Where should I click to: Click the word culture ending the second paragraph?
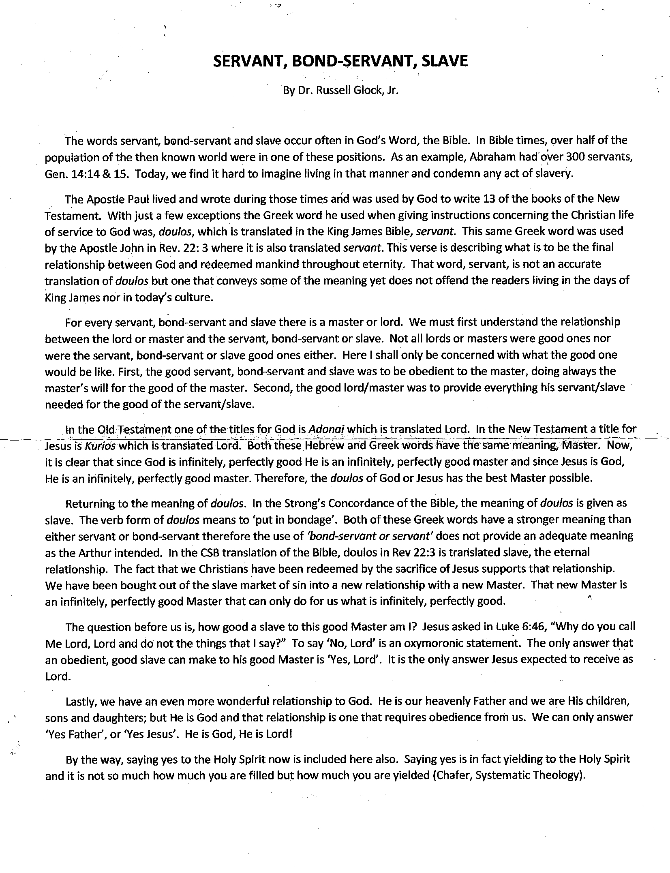point(193,298)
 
